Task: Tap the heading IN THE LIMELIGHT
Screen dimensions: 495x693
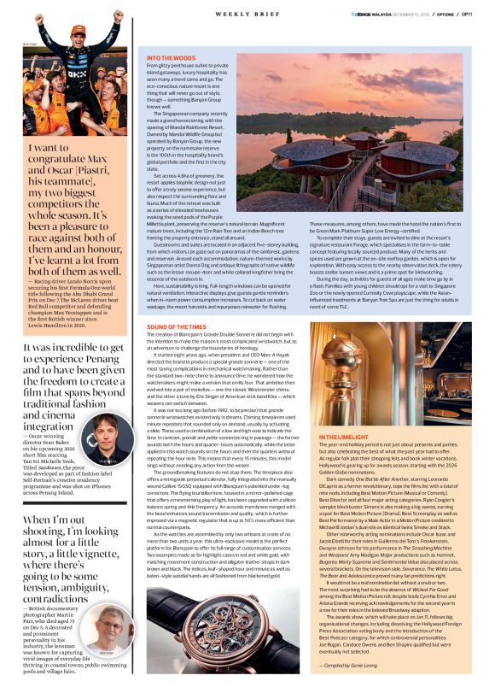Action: (343, 437)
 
